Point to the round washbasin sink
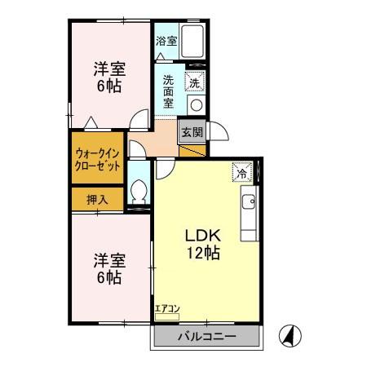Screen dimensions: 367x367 [196, 104]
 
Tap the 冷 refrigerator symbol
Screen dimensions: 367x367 [241, 172]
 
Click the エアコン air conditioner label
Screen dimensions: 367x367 [167, 307]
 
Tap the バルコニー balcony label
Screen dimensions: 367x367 [207, 336]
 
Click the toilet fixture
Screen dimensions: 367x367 [139, 192]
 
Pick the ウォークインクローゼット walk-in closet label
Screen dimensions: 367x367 [98, 157]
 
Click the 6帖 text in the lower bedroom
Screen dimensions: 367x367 [108, 278]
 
